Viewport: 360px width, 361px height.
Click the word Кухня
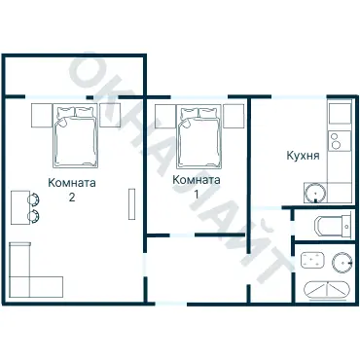[x=303, y=156]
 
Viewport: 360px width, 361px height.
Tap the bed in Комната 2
[x=75, y=136]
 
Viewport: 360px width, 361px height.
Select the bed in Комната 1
[x=199, y=136]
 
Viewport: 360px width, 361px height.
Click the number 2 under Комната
[x=72, y=197]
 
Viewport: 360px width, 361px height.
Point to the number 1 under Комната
[x=196, y=194]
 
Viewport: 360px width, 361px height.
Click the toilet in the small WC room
[x=333, y=225]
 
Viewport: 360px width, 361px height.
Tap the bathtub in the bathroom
[x=327, y=290]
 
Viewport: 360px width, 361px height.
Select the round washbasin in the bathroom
[x=342, y=262]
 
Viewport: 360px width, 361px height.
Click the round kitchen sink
[x=315, y=193]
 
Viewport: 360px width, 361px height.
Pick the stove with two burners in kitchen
[x=340, y=140]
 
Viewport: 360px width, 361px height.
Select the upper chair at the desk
[x=33, y=199]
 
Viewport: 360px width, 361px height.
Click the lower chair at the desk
[x=33, y=216]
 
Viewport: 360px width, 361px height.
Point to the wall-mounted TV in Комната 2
[x=131, y=204]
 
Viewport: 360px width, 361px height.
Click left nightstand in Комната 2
[x=42, y=116]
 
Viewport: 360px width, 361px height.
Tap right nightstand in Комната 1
[x=234, y=116]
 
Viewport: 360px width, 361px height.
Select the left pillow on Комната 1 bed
[x=189, y=113]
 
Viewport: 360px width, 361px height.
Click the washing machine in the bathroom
[x=312, y=260]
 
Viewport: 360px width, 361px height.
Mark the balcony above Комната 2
[x=74, y=76]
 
